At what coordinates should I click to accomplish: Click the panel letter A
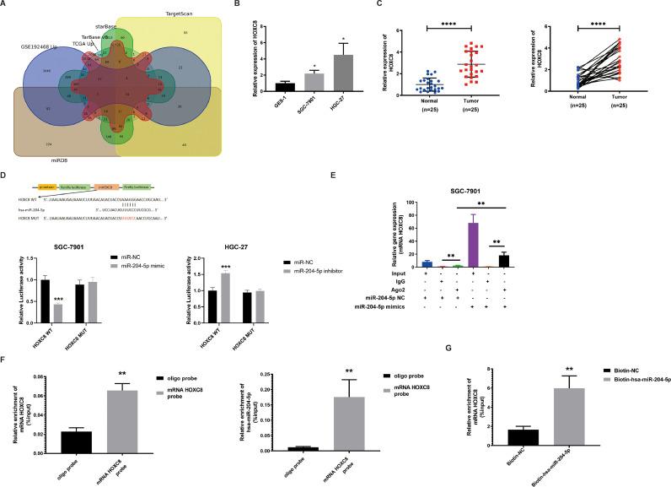coord(5,5)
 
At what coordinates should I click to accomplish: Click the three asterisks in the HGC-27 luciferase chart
coord(225,266)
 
